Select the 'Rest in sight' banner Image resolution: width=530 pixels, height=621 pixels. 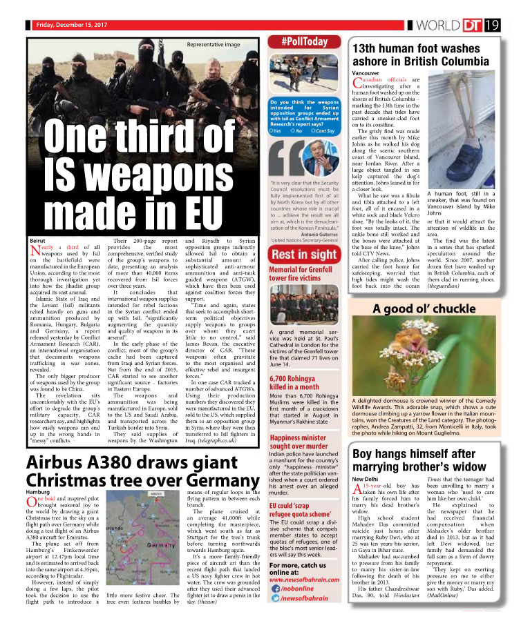pyautogui.click(x=304, y=254)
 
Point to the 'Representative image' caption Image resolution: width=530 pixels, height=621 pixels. pyautogui.click(x=213, y=44)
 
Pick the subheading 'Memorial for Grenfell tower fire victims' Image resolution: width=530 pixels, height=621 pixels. pyautogui.click(x=302, y=274)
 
